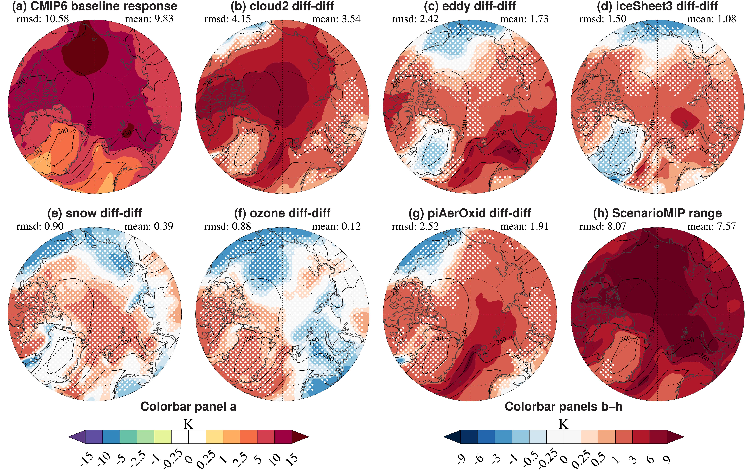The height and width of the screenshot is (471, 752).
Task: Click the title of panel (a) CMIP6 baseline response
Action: click(x=94, y=6)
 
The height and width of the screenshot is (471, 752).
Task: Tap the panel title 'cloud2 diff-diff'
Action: click(x=282, y=6)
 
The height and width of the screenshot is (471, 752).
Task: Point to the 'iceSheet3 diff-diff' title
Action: click(x=657, y=6)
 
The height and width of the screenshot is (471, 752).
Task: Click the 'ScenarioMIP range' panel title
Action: click(x=657, y=213)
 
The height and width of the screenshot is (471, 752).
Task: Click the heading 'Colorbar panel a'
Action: click(x=188, y=407)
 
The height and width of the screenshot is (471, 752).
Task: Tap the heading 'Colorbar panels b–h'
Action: click(x=563, y=407)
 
